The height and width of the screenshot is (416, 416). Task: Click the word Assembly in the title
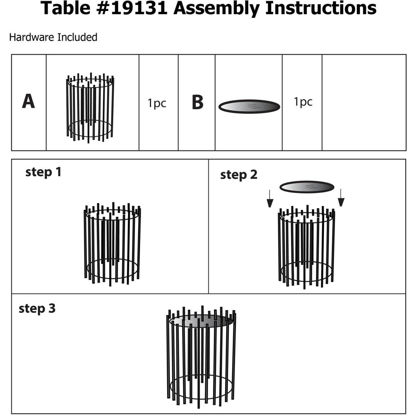pos(216,8)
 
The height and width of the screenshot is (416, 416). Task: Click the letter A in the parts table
pos(28,102)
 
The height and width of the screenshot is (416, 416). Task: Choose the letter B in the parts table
pos(197,102)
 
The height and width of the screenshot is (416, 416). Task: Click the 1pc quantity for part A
pos(157,103)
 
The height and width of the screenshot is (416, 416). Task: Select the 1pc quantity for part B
pos(303,102)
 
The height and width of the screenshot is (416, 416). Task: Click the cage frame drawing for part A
pos(90,108)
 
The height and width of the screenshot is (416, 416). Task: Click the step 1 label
pos(43,172)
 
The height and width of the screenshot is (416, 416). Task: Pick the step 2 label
pos(238,175)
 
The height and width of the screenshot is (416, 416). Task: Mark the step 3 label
pos(37,308)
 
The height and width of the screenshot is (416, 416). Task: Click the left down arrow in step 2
pos(270,199)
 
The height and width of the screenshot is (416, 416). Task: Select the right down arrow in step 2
pos(341,198)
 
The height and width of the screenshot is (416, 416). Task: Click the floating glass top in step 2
pos(307,187)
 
